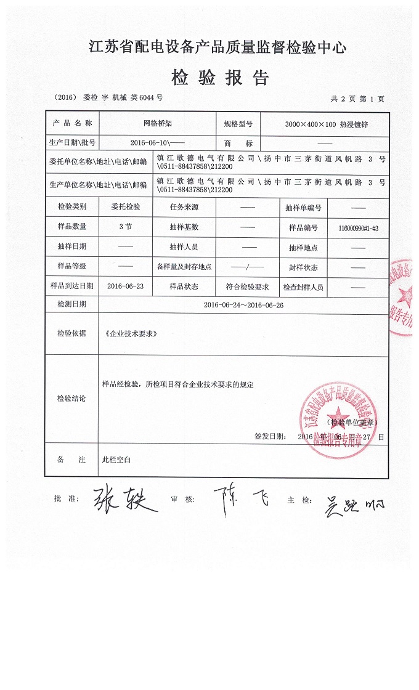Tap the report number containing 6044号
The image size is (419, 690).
click(x=108, y=98)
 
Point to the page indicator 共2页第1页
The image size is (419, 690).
click(x=357, y=99)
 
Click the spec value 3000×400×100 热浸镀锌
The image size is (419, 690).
click(x=326, y=124)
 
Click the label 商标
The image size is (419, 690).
click(x=238, y=142)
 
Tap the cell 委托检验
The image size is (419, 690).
click(x=125, y=207)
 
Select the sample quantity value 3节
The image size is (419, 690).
click(x=125, y=227)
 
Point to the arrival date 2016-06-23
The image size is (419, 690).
click(x=125, y=286)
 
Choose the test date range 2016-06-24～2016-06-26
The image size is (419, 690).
click(x=243, y=305)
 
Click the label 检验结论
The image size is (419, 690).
click(x=71, y=398)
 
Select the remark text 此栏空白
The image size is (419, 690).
click(x=116, y=460)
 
